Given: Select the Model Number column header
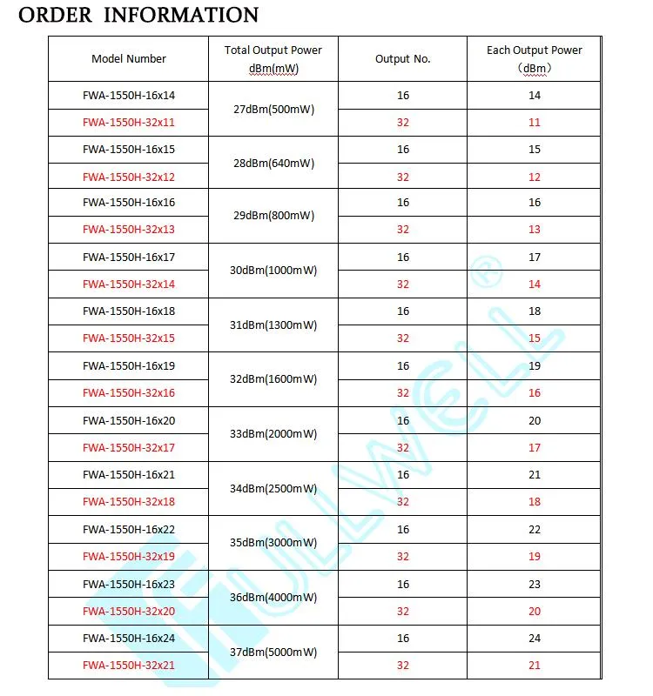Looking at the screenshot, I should tap(129, 59).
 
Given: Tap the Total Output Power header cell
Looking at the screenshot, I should tap(273, 59).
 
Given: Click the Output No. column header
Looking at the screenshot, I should tap(402, 59).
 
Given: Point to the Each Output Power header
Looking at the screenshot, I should tap(534, 58).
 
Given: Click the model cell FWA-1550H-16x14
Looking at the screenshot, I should tap(129, 95).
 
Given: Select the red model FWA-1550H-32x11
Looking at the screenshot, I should tap(129, 123).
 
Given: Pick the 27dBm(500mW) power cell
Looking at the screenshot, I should tap(273, 110).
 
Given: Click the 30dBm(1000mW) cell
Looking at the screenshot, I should tap(273, 271).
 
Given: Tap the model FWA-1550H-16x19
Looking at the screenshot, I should tap(129, 365).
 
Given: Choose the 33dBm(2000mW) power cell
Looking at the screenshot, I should tap(273, 433).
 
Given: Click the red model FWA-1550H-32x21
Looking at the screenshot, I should tap(129, 666).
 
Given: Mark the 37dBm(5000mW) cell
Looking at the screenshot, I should tap(273, 652).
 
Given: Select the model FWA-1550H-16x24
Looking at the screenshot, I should tap(129, 638).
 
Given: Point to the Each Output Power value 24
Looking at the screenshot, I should tap(535, 638).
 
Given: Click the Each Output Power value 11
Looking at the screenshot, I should tap(535, 123).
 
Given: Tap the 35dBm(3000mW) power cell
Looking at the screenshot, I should tap(273, 543).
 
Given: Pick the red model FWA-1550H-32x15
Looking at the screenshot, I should tap(129, 338).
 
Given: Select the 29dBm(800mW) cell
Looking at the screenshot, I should tap(273, 216).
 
